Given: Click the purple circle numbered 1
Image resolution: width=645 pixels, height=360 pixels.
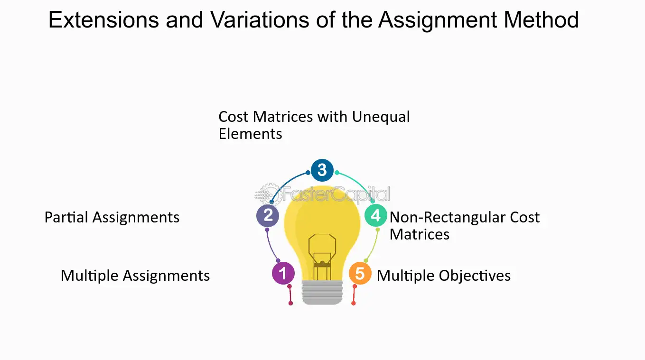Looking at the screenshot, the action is (x=283, y=273).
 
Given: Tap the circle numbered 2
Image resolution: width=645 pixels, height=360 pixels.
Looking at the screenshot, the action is (x=268, y=215).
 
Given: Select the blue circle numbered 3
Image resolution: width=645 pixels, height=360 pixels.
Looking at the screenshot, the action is (x=322, y=170).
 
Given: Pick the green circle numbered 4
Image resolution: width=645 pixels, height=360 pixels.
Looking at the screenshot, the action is (x=375, y=215).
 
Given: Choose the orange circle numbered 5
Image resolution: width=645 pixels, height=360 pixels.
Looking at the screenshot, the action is (x=360, y=273).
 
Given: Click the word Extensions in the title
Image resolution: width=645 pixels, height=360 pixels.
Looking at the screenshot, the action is (x=103, y=20).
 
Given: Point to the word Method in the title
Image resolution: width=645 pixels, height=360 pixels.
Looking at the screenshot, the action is (x=541, y=20).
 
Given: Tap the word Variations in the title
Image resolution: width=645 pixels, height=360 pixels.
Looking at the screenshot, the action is (x=260, y=20).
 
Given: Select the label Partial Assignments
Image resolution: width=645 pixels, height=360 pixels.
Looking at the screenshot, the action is (x=112, y=218).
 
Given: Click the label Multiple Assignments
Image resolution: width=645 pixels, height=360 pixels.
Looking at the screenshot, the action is (x=135, y=276).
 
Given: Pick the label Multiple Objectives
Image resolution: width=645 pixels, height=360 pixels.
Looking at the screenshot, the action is (x=444, y=276).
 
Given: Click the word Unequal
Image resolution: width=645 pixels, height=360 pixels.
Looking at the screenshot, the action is (x=381, y=117).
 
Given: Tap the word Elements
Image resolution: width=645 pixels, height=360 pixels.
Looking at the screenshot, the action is (x=250, y=134).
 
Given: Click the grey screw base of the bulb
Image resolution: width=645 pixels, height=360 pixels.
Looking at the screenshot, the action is (x=322, y=292).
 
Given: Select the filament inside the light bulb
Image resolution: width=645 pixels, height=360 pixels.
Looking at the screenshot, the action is (x=322, y=257).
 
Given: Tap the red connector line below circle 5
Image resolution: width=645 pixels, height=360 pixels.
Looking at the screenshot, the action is (x=354, y=295).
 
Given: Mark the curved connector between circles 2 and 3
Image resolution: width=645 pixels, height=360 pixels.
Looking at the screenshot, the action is (x=286, y=182).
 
